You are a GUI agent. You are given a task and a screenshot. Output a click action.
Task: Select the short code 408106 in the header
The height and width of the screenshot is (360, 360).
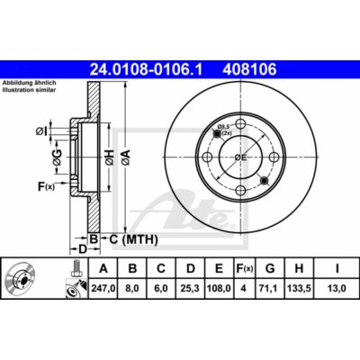tap(235, 67)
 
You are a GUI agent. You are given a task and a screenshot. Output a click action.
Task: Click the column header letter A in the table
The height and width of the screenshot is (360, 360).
tap(103, 267)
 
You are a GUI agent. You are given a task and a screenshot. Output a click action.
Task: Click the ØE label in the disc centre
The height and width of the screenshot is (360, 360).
tap(241, 157)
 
